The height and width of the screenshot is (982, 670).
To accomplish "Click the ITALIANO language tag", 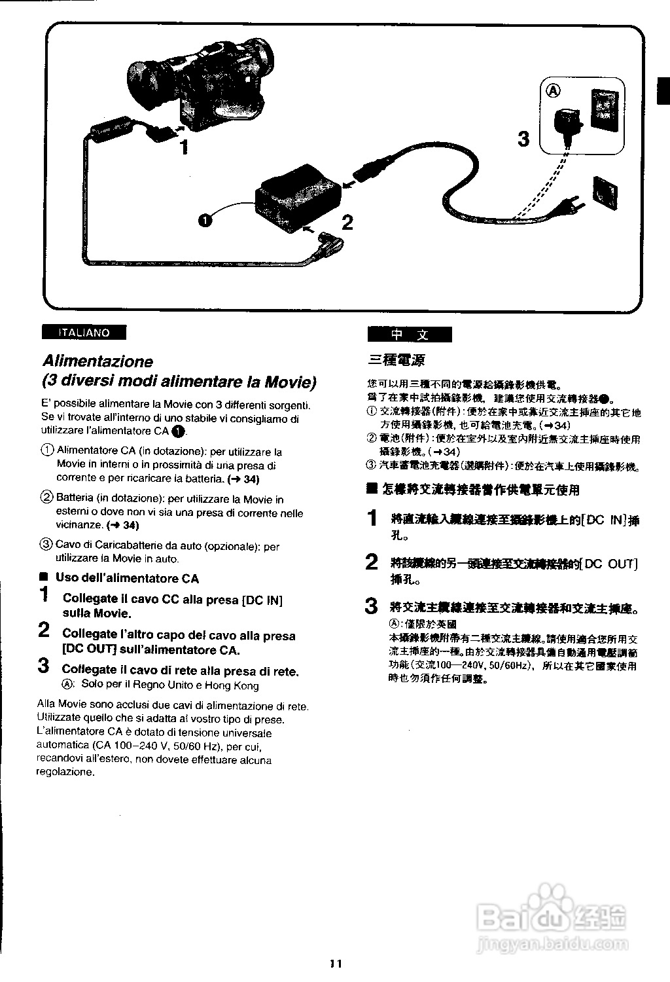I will point(84,333).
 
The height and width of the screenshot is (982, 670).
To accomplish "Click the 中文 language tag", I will point(410,335).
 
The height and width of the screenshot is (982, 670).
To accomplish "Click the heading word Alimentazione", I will point(97,361).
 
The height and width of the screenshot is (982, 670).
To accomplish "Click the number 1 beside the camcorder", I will point(185,147).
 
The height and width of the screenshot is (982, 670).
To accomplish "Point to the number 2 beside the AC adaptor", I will point(347,223).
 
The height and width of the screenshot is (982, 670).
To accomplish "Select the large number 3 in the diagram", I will point(523,139).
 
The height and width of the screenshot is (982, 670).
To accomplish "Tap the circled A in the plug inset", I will point(554,91).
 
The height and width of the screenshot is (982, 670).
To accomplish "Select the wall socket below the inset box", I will point(605,191).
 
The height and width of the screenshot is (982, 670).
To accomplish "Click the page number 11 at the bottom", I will point(336,963).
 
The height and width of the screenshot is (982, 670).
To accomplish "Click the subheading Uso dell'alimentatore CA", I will point(127,578).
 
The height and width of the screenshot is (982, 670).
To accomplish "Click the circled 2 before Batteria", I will point(46,499).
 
